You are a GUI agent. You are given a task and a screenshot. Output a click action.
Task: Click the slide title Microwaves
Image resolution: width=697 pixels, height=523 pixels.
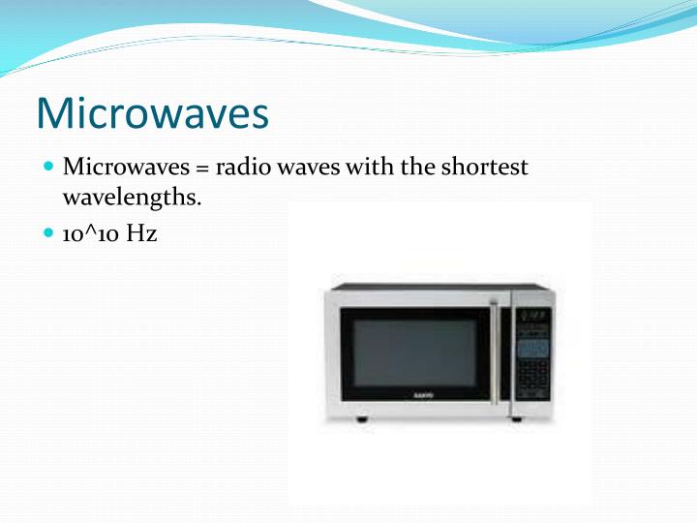(152, 113)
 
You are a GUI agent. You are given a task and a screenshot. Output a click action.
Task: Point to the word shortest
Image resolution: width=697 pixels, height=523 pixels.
(485, 168)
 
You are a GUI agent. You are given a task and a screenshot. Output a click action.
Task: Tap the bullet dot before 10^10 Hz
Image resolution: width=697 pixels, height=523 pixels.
(49, 233)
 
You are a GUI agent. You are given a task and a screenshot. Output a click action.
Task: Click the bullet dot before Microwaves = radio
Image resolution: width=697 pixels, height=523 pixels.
(49, 168)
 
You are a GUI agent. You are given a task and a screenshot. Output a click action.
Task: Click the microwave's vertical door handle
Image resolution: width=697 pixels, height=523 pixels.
(497, 351)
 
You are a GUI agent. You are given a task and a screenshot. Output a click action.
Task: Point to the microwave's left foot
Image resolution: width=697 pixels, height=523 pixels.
(362, 418)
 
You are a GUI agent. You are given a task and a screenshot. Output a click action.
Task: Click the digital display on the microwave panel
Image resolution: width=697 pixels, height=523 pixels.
(533, 317)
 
